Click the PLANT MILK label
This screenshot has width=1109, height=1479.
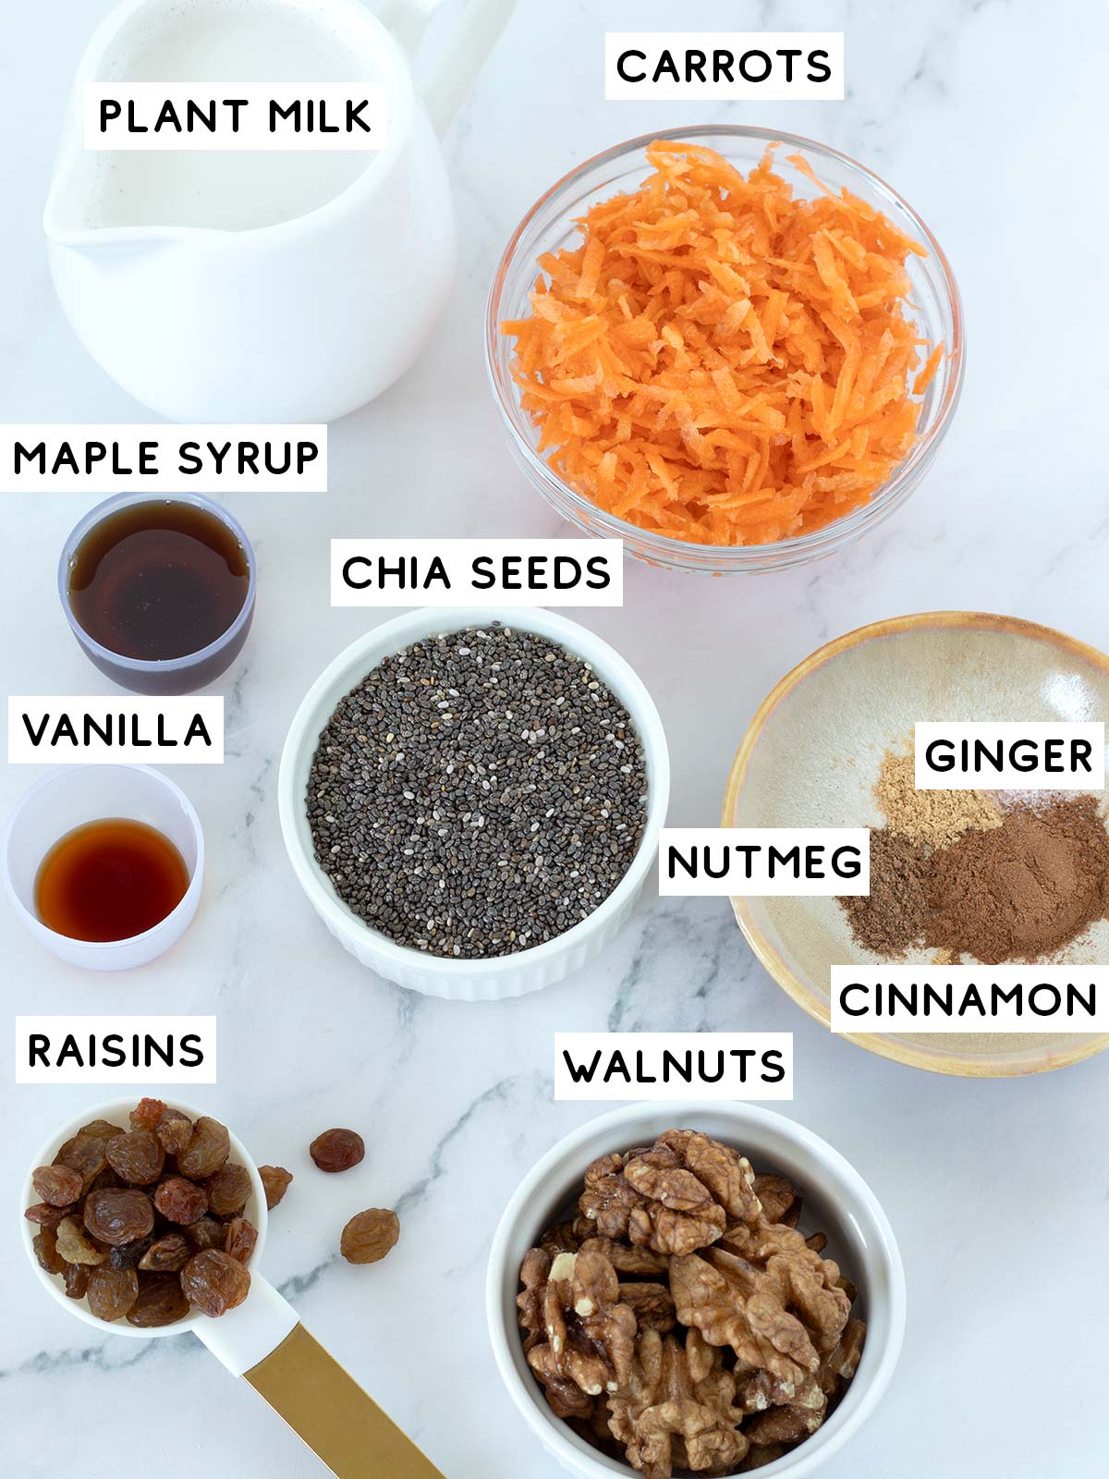[x=235, y=116]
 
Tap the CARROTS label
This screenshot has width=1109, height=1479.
[x=724, y=67]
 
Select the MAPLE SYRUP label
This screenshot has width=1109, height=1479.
[x=165, y=458]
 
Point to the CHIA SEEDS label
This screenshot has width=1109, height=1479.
[x=476, y=573]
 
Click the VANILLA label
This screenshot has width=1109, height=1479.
[x=116, y=730]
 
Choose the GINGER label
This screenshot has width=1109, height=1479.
[x=1008, y=756]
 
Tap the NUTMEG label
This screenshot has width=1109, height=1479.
[x=764, y=862]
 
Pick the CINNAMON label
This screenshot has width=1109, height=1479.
[x=968, y=999]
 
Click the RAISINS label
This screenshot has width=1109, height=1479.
[x=116, y=1050]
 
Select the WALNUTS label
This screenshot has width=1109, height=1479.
[x=674, y=1067]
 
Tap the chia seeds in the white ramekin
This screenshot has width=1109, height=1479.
[x=476, y=795]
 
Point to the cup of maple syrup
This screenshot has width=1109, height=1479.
[x=157, y=592]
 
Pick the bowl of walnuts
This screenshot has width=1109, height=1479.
[x=693, y=1294]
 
